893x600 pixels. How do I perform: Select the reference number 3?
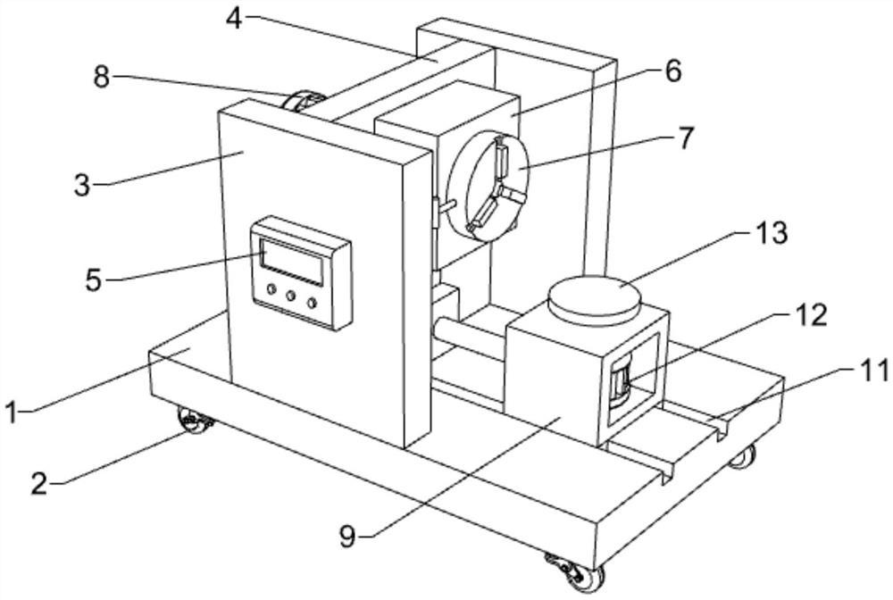tap(82, 186)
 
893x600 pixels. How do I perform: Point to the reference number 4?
tap(234, 18)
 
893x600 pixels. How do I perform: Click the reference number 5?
tap(95, 279)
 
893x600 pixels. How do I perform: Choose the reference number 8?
tap(102, 78)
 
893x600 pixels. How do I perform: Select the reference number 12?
tap(811, 315)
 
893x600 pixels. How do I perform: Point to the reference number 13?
tap(769, 235)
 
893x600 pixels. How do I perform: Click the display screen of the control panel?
tap(290, 256)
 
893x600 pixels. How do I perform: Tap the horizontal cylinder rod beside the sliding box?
tap(469, 344)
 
